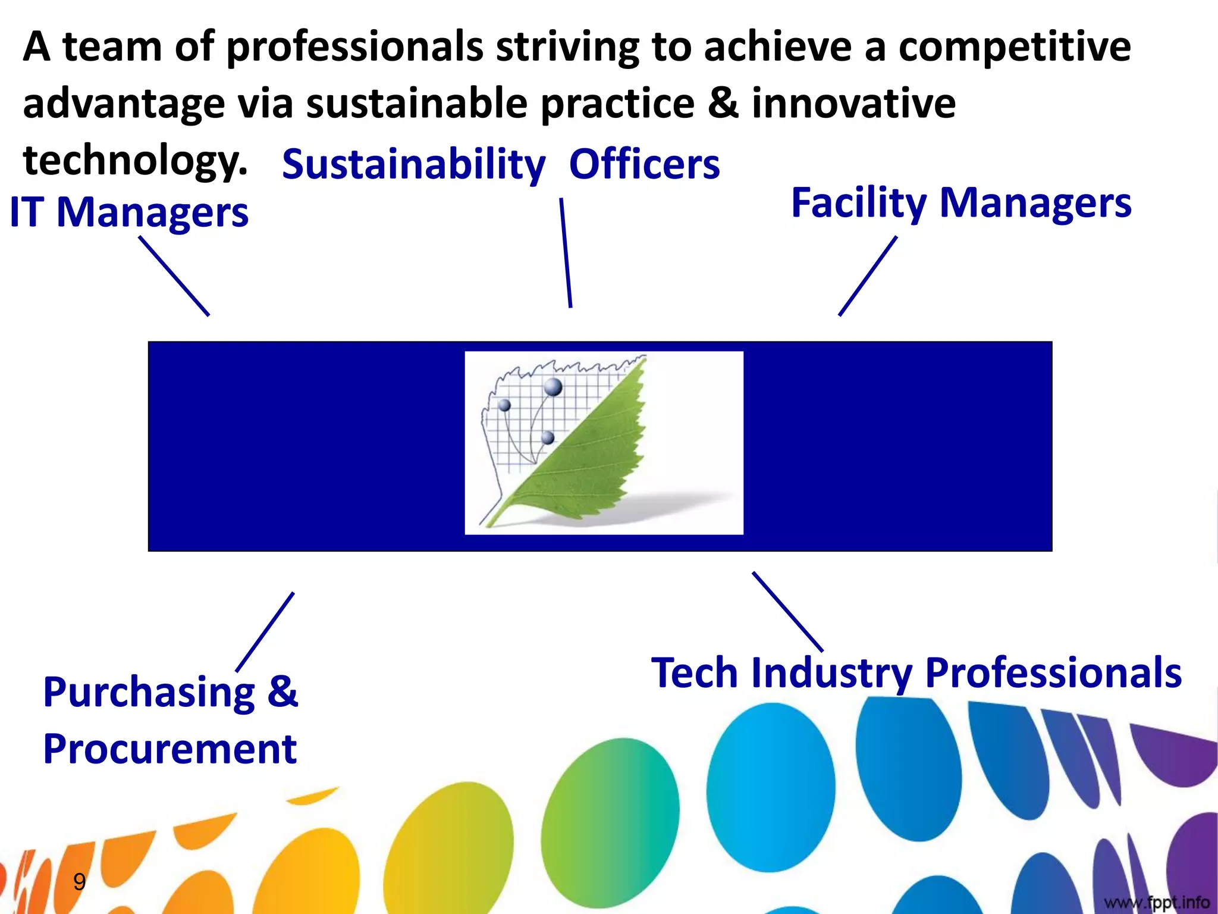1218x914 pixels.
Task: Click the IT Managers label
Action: tap(129, 212)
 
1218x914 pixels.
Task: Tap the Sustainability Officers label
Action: tap(501, 164)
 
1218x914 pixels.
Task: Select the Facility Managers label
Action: tap(961, 203)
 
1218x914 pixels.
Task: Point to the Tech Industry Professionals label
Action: tap(916, 673)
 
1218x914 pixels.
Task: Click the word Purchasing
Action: tap(149, 692)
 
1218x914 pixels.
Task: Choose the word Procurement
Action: tap(169, 749)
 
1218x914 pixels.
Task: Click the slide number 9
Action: tap(79, 881)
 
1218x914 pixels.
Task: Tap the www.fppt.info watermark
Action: tap(1157, 902)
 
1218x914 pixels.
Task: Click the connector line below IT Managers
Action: tap(174, 276)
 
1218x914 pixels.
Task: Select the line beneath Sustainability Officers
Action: tap(566, 253)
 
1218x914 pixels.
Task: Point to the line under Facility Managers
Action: tap(868, 276)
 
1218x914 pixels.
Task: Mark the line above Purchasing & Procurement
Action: tap(265, 632)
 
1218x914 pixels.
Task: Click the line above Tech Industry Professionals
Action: tap(787, 612)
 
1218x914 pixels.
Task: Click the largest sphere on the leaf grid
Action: tap(553, 387)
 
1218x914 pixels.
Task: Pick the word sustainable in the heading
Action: tap(416, 103)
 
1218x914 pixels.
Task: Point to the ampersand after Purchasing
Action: tap(282, 692)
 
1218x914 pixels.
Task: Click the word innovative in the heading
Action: tap(853, 103)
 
